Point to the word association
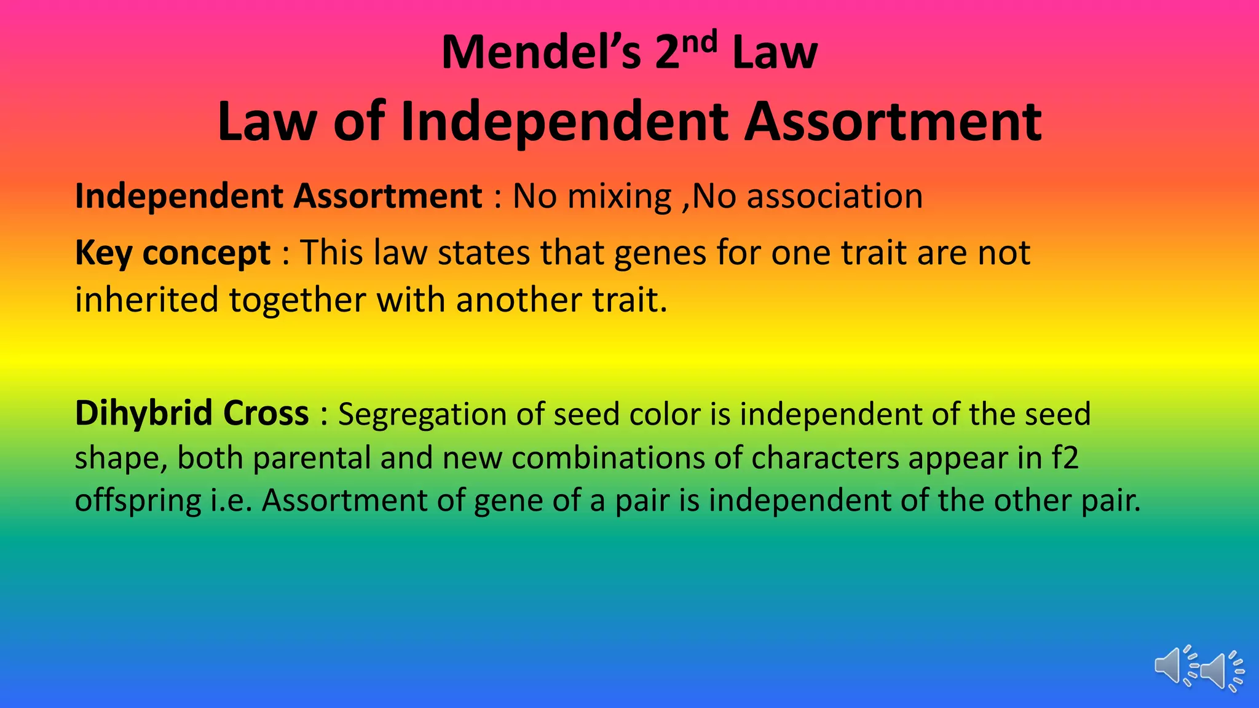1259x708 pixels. [x=835, y=197]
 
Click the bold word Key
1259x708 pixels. [x=103, y=253]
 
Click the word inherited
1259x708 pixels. [x=146, y=301]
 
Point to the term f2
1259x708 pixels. [x=1065, y=458]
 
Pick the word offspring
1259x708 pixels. [x=138, y=502]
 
